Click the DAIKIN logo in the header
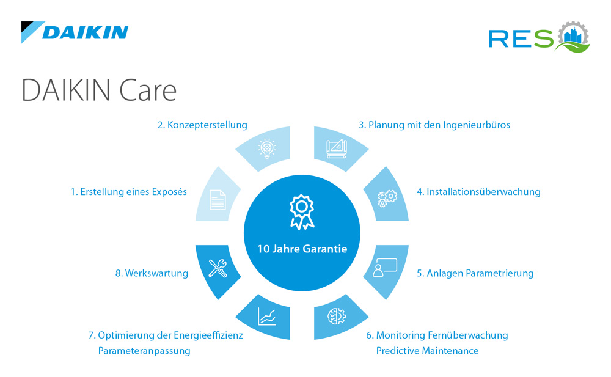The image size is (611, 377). (75, 32)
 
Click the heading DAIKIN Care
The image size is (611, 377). (99, 90)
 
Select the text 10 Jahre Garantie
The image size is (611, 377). (302, 249)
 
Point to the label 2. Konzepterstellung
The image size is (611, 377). (202, 125)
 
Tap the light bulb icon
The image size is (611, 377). (266, 148)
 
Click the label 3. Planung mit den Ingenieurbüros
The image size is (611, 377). (434, 125)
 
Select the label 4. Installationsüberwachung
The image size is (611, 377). (478, 191)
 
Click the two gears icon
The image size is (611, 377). (387, 197)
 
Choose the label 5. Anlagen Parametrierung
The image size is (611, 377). (475, 273)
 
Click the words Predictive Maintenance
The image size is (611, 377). (427, 351)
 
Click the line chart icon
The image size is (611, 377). (266, 316)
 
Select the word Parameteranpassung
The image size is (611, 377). (144, 351)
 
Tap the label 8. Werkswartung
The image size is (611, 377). (152, 273)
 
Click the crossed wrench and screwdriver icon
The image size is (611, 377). (218, 268)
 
